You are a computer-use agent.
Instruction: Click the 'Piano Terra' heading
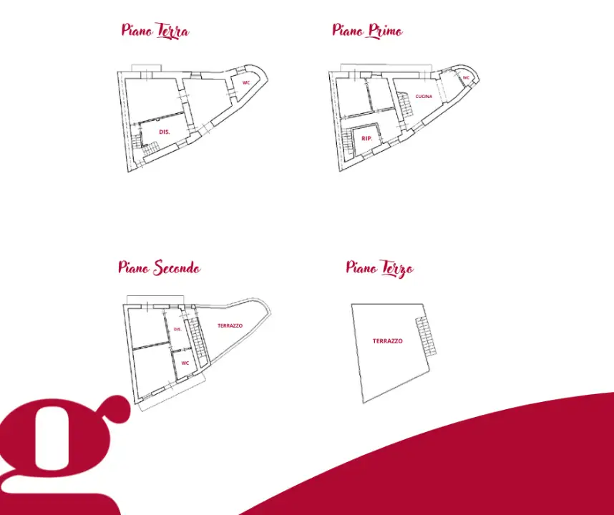coord(155,31)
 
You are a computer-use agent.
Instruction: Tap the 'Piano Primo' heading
coord(367,31)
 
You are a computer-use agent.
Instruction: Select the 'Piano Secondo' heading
coord(160,268)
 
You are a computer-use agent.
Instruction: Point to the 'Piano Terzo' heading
coord(380,268)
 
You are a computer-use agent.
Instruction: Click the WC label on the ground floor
coord(246,82)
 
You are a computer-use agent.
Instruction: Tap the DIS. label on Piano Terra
coord(165,132)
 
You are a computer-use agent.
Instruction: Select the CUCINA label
coord(424,97)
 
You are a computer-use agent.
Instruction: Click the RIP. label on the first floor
coord(366,139)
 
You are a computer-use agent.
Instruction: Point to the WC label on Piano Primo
coord(466,78)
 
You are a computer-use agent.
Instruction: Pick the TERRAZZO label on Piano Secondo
coord(230,325)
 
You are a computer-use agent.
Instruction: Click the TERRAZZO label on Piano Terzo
coord(388,341)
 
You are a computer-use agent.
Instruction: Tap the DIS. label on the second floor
coord(177,329)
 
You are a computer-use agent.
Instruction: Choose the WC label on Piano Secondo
coord(185,363)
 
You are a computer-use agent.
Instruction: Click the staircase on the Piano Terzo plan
coord(426,336)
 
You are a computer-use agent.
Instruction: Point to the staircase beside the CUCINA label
coord(405,104)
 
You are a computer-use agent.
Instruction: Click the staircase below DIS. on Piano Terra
coord(151,148)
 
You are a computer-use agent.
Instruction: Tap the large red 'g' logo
coord(63,454)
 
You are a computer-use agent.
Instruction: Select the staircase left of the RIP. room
coord(347,142)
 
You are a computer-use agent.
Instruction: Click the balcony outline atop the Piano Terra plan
coord(146,68)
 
